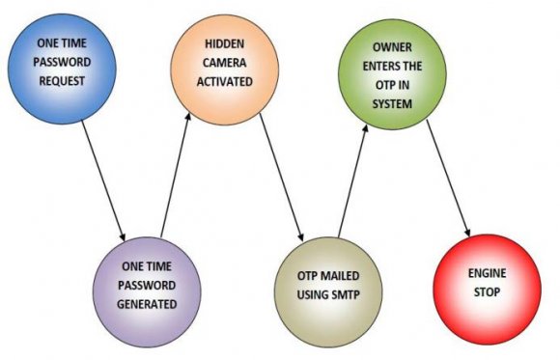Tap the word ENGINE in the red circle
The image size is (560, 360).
tap(492, 273)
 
